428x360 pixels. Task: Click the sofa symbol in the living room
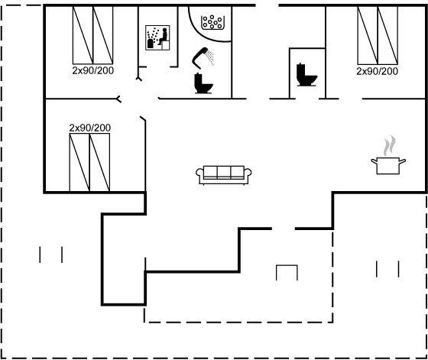[223, 175]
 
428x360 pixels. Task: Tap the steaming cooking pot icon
[388, 166]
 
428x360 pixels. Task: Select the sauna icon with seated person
[157, 37]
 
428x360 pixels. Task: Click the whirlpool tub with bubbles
[212, 22]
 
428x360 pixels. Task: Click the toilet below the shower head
[203, 83]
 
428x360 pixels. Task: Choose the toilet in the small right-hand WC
[306, 75]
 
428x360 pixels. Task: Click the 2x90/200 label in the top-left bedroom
[93, 70]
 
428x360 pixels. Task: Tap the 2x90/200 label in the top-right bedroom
[378, 71]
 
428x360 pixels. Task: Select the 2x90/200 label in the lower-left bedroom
[90, 128]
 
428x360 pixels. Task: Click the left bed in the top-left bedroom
[83, 35]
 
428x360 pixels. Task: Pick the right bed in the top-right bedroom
[387, 35]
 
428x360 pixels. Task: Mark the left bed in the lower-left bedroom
[79, 162]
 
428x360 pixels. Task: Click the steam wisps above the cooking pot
[390, 145]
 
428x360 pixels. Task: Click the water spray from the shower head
[210, 57]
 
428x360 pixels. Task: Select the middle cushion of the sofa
[223, 172]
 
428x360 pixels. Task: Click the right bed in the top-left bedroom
[103, 35]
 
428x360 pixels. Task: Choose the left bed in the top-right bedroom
[368, 35]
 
